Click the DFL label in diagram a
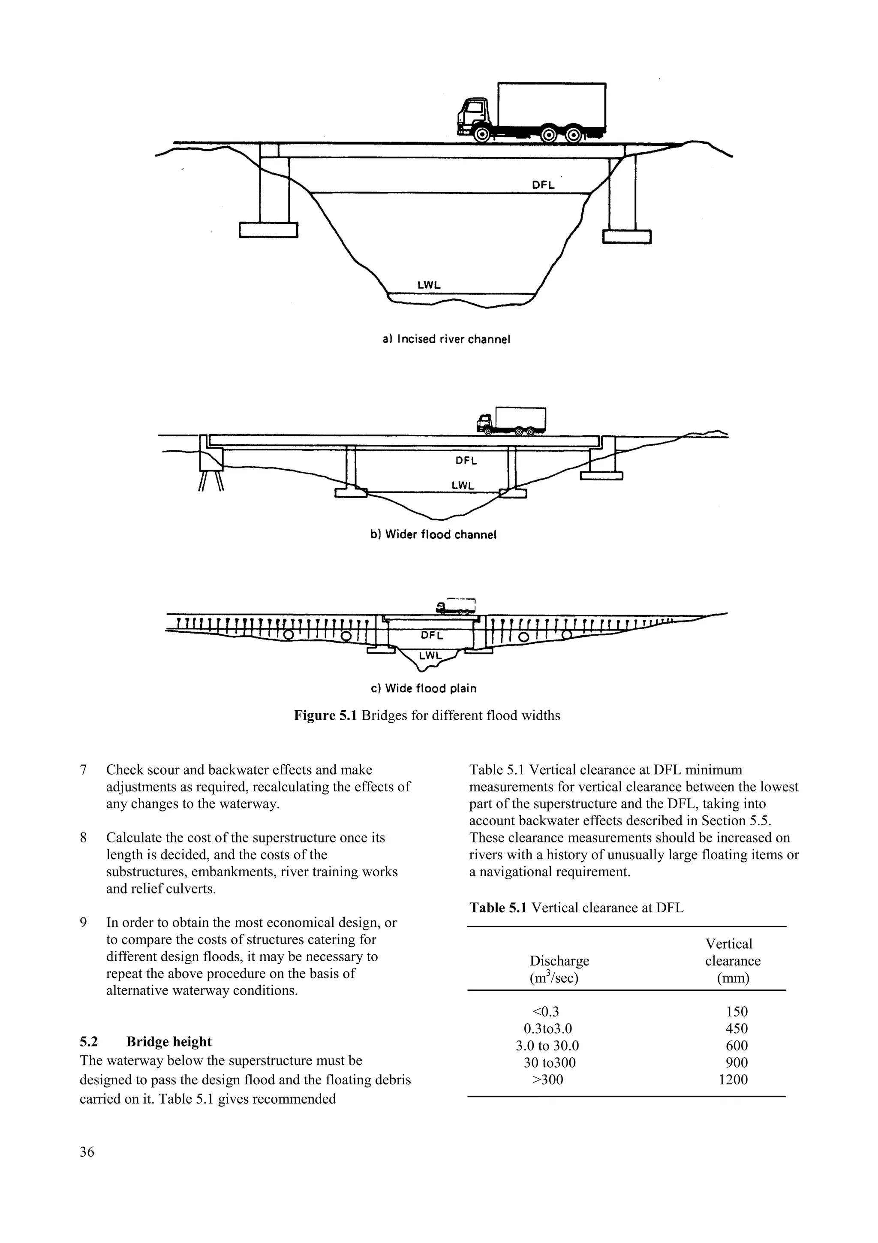point(543,184)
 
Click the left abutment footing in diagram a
point(268,229)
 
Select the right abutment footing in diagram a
point(626,237)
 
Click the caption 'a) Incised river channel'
point(446,339)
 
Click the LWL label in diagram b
point(463,486)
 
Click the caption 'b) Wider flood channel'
point(433,535)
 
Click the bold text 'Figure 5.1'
point(325,716)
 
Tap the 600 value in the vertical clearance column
point(736,1045)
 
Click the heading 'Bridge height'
point(169,1041)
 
